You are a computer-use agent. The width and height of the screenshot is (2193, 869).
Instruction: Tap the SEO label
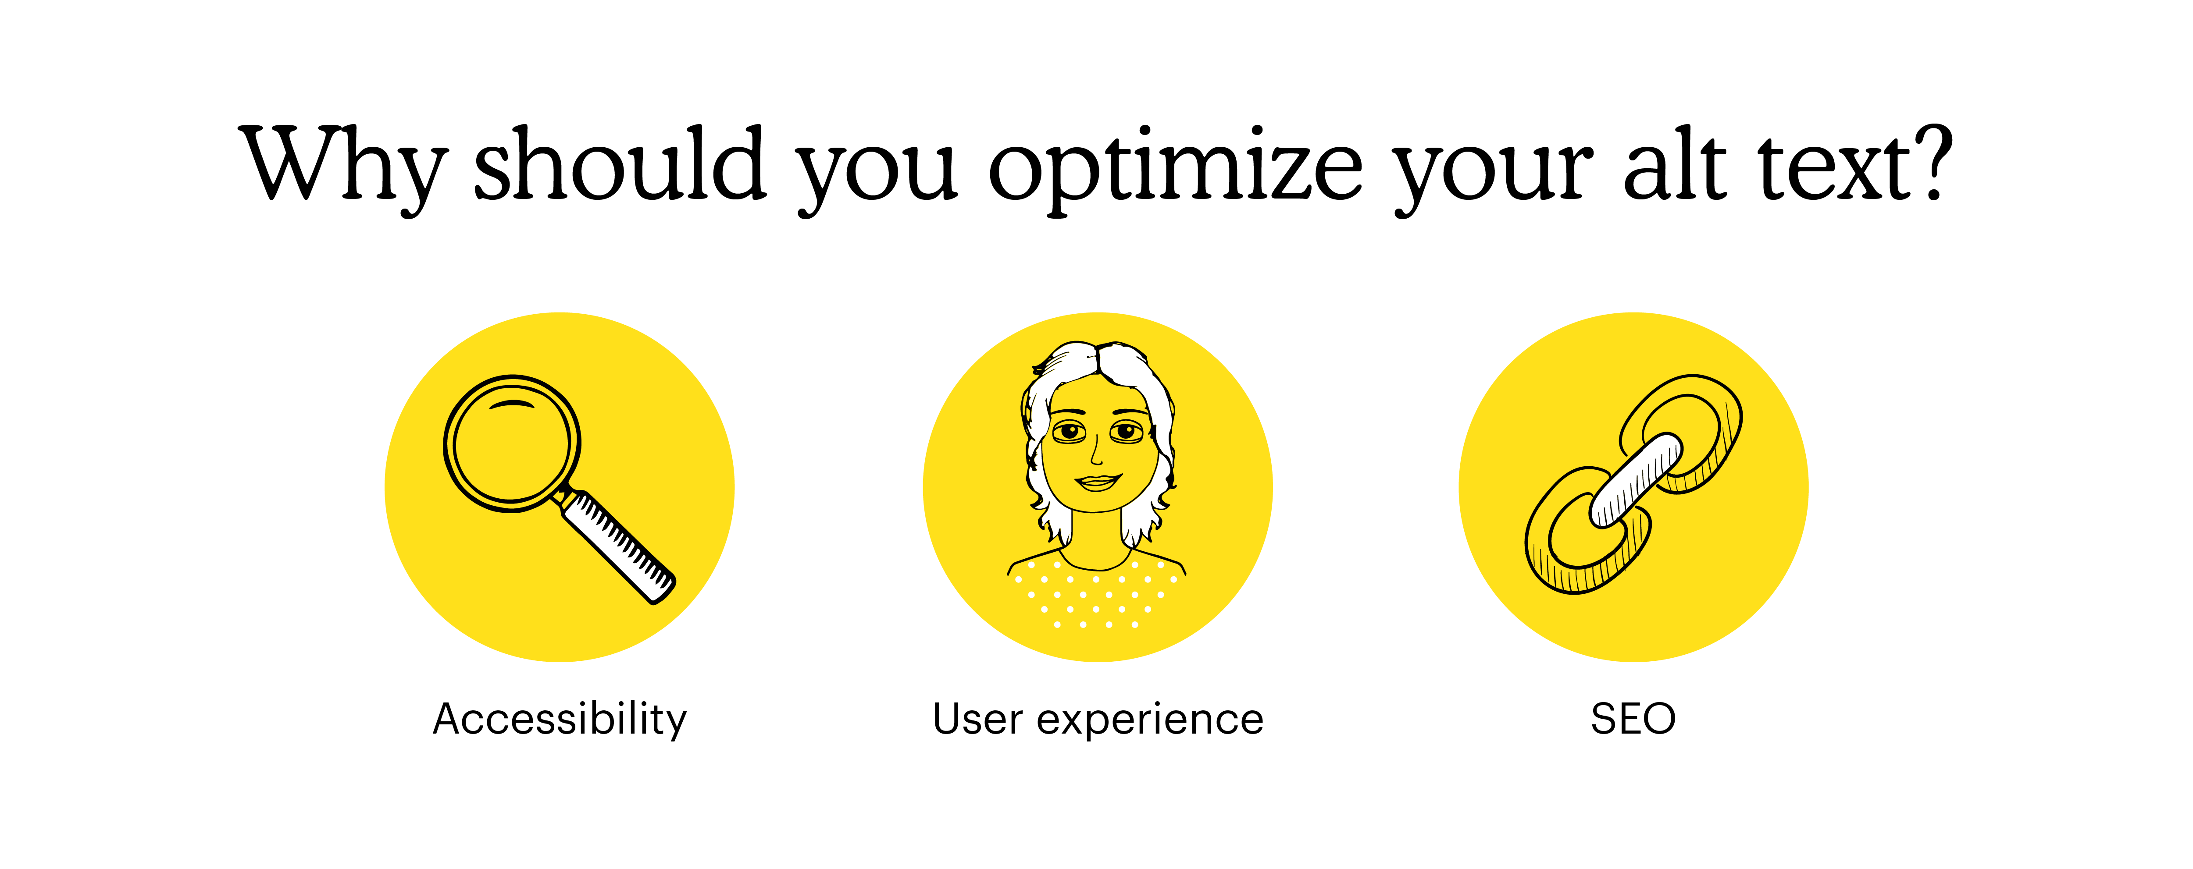point(1633,719)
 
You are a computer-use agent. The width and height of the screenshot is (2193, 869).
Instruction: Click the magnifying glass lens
point(512,443)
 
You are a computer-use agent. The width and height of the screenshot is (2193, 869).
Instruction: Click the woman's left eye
point(1127,433)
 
